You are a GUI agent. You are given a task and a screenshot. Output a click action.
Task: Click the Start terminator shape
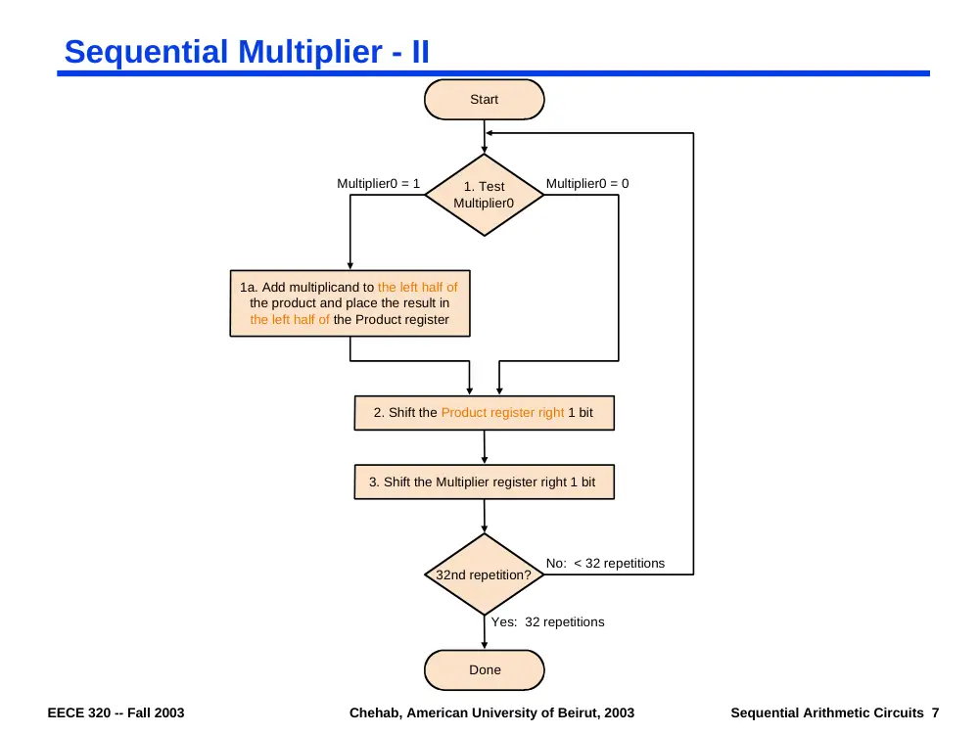(x=484, y=99)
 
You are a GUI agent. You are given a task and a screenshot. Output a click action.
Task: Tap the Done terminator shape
(x=484, y=669)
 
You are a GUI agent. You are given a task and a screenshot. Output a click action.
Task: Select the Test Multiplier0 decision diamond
(x=484, y=195)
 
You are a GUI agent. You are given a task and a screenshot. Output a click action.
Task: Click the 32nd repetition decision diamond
(x=484, y=574)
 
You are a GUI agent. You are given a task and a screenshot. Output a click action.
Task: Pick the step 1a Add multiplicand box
(x=350, y=303)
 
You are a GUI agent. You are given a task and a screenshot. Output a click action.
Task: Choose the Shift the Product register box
(x=484, y=413)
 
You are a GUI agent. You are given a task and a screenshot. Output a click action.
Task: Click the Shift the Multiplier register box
(x=484, y=482)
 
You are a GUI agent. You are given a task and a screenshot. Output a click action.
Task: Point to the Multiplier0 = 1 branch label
(x=378, y=184)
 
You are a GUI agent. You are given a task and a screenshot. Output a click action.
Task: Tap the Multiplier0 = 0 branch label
(x=587, y=184)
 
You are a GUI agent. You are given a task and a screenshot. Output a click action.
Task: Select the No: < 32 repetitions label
(x=605, y=563)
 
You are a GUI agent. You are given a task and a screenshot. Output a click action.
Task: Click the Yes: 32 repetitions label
(x=547, y=621)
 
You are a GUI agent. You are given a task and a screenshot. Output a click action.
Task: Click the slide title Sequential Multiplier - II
(x=247, y=51)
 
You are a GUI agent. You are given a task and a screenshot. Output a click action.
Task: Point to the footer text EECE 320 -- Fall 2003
(x=116, y=712)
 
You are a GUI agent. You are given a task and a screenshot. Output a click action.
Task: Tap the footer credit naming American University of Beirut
(x=491, y=712)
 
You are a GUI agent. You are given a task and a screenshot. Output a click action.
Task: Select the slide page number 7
(x=935, y=712)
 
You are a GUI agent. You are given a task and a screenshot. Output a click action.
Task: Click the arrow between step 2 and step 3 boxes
(x=484, y=447)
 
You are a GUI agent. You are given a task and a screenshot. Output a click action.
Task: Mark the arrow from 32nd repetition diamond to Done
(x=484, y=632)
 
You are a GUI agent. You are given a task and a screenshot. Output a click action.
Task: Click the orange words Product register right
(x=502, y=413)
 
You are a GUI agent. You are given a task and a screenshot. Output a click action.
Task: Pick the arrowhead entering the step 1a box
(x=350, y=266)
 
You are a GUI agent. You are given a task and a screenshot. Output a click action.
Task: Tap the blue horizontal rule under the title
(x=493, y=73)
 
